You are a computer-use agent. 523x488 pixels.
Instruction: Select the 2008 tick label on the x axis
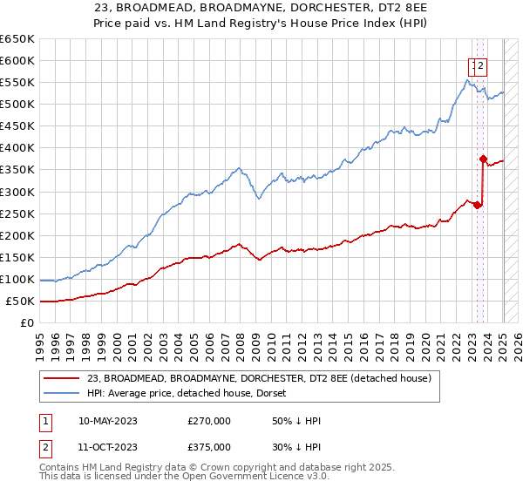point(240,338)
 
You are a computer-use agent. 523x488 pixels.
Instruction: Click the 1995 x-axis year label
point(39,338)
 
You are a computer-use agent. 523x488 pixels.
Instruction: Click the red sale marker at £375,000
point(483,159)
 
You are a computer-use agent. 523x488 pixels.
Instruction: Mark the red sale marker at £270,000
point(477,205)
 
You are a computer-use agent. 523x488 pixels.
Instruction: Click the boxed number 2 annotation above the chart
point(480,64)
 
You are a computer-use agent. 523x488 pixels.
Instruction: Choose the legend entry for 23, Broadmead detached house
point(259,378)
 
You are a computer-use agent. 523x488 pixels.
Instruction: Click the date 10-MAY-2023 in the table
point(108,421)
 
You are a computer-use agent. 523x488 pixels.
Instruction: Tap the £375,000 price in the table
point(210,447)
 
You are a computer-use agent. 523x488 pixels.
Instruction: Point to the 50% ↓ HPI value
point(296,421)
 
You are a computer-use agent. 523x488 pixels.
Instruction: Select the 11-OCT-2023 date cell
point(108,447)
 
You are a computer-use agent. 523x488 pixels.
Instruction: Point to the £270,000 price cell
point(210,421)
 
